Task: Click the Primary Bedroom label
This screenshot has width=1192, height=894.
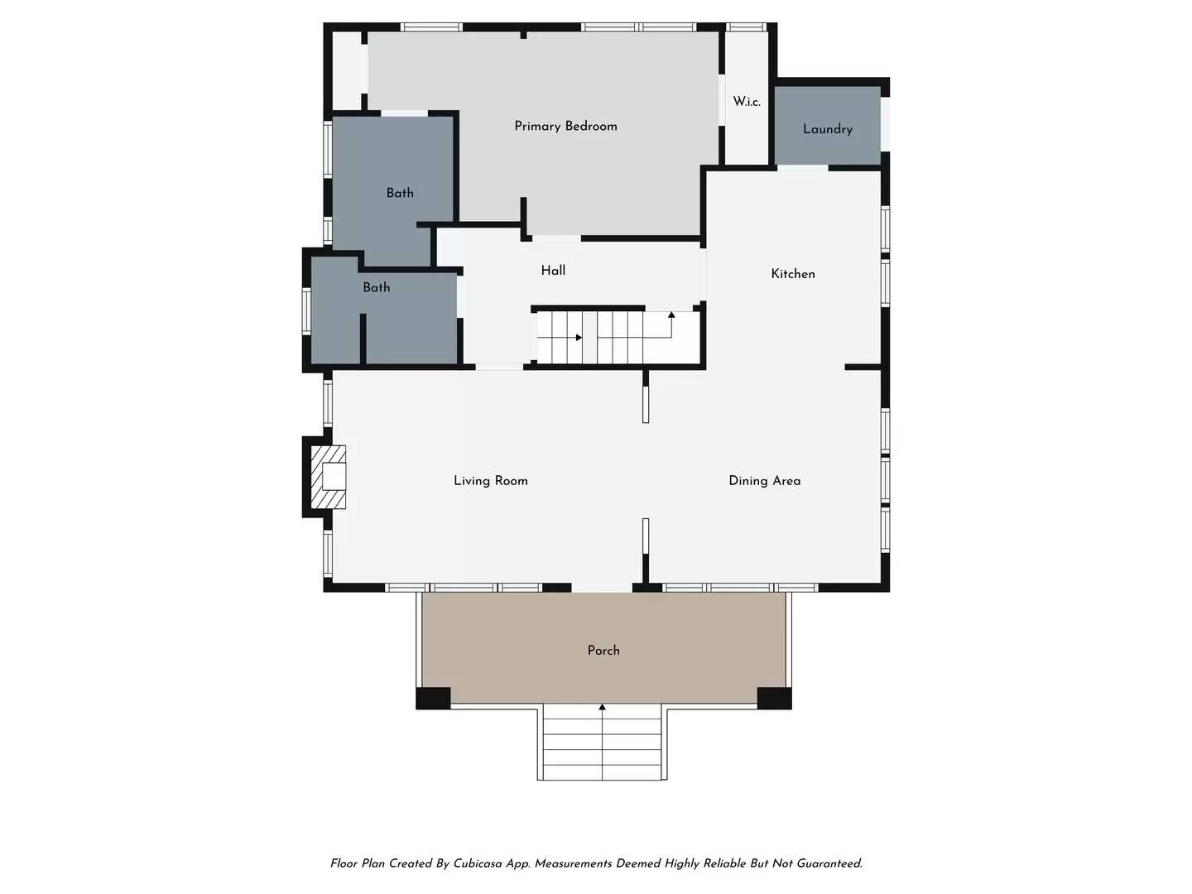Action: click(x=565, y=127)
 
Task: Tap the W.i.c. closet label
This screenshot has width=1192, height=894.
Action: click(x=747, y=102)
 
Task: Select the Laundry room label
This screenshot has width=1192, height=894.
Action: click(x=828, y=129)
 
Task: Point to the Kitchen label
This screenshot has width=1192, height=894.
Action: click(x=793, y=273)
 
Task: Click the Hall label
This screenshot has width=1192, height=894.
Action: click(x=553, y=271)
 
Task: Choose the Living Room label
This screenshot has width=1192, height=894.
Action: click(x=490, y=480)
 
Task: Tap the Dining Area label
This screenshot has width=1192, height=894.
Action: click(x=765, y=480)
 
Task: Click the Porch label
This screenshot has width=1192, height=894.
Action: click(x=603, y=651)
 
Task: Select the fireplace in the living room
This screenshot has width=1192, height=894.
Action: click(x=328, y=477)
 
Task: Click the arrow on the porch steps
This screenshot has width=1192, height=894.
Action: click(x=602, y=742)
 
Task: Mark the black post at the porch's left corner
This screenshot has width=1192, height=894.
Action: click(x=433, y=698)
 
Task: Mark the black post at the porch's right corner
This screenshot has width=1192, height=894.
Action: click(x=774, y=698)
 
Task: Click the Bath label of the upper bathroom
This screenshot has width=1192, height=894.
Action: click(x=400, y=193)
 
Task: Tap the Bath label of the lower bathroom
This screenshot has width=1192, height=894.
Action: click(x=377, y=287)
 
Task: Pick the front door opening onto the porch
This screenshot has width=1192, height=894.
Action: click(x=602, y=588)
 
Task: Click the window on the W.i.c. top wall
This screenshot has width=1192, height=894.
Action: click(x=746, y=27)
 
